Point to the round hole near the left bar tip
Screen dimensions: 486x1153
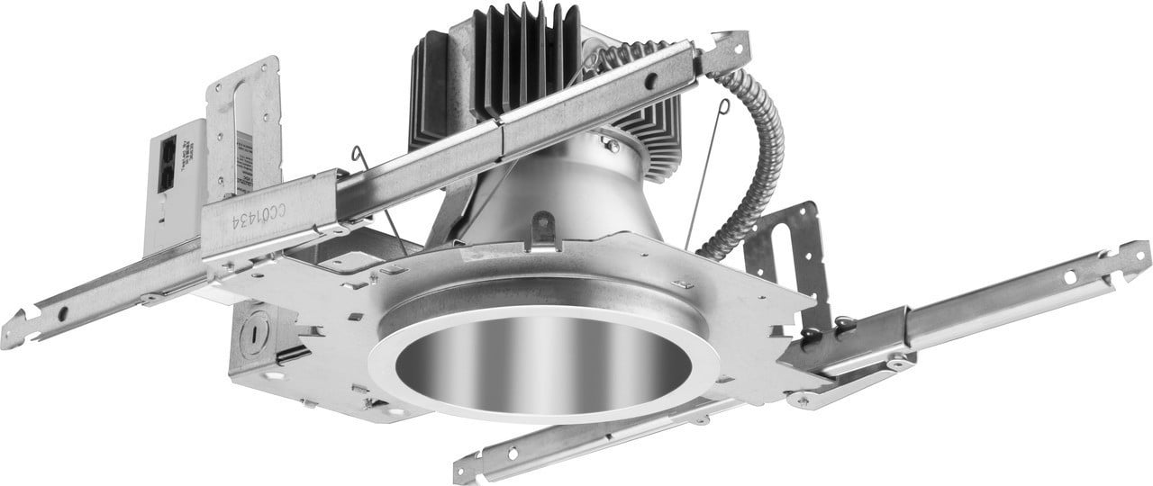tap(63, 313)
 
